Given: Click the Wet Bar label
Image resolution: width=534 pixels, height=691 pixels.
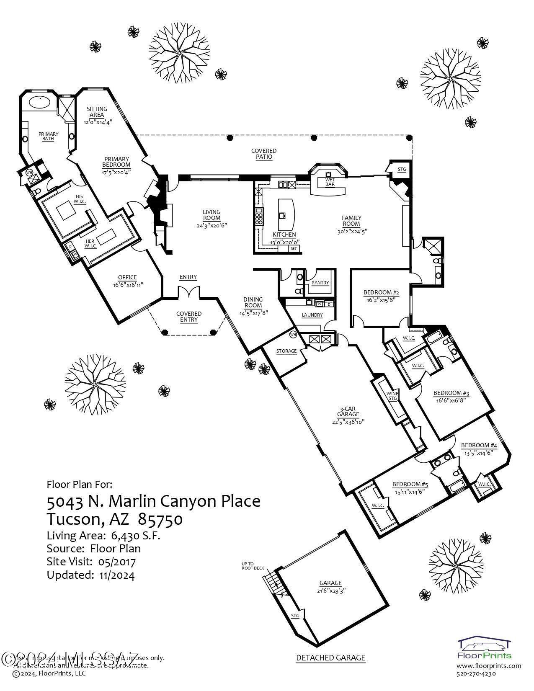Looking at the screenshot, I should (330, 182).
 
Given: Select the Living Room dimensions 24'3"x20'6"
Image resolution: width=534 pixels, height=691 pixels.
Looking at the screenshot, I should (212, 225).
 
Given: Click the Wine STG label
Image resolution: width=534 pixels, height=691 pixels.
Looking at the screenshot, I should (392, 396).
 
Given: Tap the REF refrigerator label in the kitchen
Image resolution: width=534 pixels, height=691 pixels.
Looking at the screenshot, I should (294, 249).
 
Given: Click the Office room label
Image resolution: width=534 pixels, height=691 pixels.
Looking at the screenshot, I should (127, 277).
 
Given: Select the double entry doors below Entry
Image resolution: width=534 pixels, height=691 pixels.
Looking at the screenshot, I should (188, 292).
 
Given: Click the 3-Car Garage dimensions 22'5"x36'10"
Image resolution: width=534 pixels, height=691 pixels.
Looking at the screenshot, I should (348, 422).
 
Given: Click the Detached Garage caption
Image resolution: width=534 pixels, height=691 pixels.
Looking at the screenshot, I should (330, 658).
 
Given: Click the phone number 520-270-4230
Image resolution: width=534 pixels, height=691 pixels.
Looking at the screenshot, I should (476, 674).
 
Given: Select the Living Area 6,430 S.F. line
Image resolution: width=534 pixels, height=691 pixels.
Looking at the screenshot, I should (103, 535).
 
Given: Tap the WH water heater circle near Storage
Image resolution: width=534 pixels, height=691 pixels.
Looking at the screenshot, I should (293, 334).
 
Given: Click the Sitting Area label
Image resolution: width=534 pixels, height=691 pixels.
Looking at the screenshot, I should (97, 112).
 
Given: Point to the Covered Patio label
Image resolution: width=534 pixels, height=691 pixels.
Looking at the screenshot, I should (264, 154).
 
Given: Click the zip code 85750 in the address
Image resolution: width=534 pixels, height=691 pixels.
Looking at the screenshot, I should (160, 519).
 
